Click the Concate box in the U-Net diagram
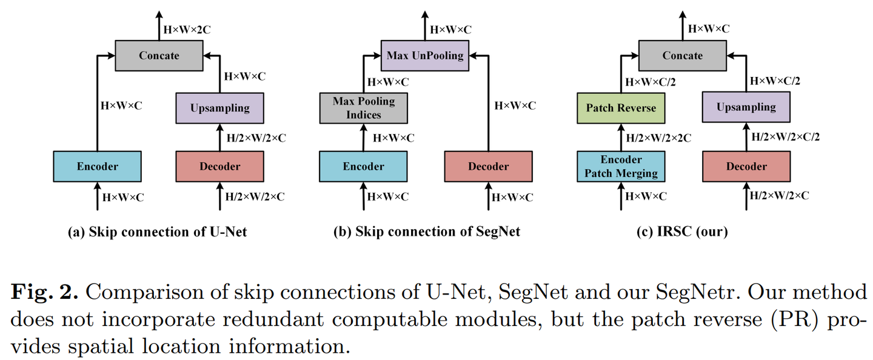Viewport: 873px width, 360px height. coord(159,56)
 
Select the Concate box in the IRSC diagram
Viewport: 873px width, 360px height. coord(683,56)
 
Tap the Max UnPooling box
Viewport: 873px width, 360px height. coord(425,56)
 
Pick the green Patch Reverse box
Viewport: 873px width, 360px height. coord(621,108)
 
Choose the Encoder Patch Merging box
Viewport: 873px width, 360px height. coord(621,167)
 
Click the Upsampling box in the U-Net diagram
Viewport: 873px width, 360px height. coord(220,108)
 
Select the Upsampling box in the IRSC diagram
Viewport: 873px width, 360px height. coord(746,108)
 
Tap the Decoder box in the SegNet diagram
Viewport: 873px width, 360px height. coord(489,167)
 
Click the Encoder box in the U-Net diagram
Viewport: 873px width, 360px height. coord(97,167)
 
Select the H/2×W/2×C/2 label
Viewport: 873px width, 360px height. coord(786,138)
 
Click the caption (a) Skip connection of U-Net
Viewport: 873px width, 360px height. coord(159,232)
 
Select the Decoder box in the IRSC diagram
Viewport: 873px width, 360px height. coord(746,167)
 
